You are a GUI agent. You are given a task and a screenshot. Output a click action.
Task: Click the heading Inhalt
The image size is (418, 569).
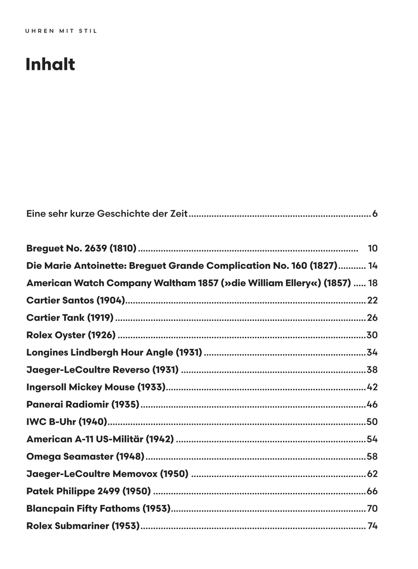coord(50,65)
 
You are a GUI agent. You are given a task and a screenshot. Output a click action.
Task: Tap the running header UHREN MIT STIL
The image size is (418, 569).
coord(61,31)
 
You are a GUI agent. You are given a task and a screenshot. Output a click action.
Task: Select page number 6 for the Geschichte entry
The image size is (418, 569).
coord(375,214)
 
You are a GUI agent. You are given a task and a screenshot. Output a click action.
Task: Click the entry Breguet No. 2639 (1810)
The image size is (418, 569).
coord(81,248)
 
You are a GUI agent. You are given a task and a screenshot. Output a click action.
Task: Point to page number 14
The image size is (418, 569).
coord(373,266)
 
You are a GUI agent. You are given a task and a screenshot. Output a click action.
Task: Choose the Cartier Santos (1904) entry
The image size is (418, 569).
coord(76,301)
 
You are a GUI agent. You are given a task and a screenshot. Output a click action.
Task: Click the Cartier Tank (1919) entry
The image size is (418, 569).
coord(70,318)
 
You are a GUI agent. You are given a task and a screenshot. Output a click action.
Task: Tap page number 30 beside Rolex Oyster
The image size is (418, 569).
coord(372,335)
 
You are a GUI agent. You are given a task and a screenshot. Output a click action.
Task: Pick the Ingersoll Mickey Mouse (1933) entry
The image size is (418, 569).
coord(96,387)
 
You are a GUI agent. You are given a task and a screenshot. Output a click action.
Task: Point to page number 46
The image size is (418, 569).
coord(372,404)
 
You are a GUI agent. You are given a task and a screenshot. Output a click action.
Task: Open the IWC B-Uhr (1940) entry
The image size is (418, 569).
coord(66,422)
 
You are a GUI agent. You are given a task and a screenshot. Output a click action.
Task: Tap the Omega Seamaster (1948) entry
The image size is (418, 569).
coord(85,456)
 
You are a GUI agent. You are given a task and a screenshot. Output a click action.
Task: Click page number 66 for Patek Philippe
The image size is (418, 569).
coord(372,491)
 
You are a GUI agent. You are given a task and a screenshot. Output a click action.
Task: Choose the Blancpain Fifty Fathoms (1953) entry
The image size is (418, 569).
coord(98,508)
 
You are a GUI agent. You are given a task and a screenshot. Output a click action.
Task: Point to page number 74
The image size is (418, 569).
coord(373,525)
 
